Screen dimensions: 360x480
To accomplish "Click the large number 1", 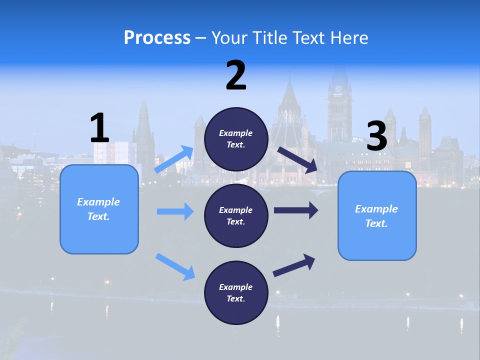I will pos(99,128).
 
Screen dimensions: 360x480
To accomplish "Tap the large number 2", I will pos(236,75).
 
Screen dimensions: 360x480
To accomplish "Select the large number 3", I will pos(377,136).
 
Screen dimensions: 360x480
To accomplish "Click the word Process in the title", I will pos(157,37).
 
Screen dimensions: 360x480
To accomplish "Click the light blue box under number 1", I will pos(99,209).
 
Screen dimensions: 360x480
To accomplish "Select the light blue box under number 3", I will pos(377,216).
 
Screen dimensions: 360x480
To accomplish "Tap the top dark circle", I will pos(236,139).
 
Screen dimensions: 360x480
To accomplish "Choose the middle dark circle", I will pos(236,215).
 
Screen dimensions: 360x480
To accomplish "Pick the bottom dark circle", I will pos(236,292).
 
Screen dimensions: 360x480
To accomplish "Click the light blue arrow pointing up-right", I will pos(174,159).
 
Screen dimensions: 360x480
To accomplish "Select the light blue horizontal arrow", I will pos(175,211).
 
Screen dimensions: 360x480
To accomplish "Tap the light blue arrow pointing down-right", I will pos(175,266).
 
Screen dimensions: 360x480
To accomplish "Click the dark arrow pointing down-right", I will pos(297,159).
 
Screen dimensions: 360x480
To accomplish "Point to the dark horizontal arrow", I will pos(296,210).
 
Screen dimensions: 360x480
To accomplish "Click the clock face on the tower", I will pos(338,89).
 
